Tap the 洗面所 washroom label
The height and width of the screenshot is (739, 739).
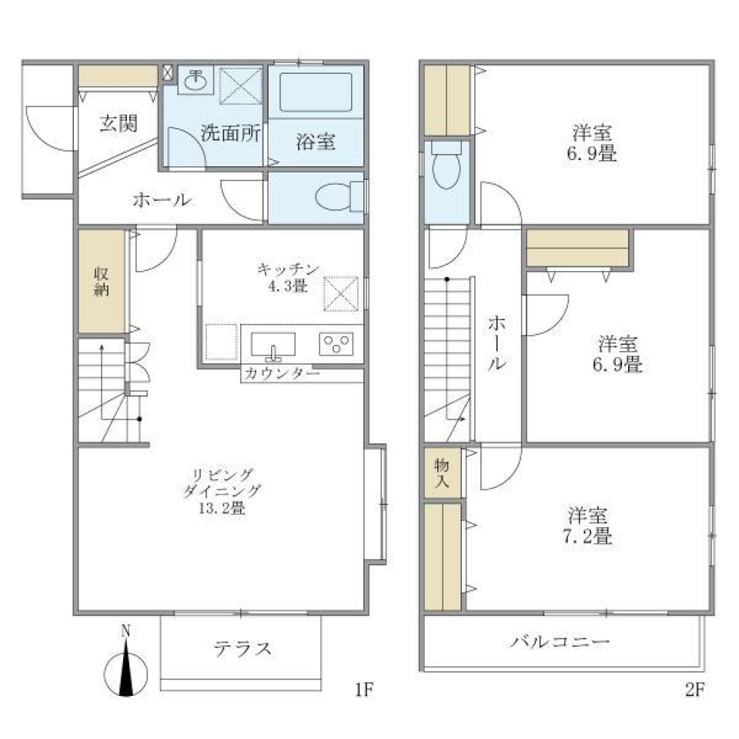pyautogui.click(x=230, y=132)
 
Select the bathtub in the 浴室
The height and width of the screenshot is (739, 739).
pyautogui.click(x=316, y=92)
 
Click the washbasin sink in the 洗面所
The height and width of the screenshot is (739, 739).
pyautogui.click(x=198, y=79)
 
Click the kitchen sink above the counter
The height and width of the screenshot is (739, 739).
pyautogui.click(x=273, y=343)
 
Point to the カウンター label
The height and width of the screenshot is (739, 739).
pyautogui.click(x=282, y=373)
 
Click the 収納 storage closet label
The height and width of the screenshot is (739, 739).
pyautogui.click(x=102, y=282)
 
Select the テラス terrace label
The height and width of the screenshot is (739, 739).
pyautogui.click(x=242, y=648)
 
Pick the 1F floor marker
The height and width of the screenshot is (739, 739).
pyautogui.click(x=363, y=687)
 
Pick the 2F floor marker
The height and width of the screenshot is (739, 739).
pyautogui.click(x=694, y=687)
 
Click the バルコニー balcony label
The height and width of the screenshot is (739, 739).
pyautogui.click(x=560, y=641)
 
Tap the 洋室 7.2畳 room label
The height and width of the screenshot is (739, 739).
pyautogui.click(x=590, y=525)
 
